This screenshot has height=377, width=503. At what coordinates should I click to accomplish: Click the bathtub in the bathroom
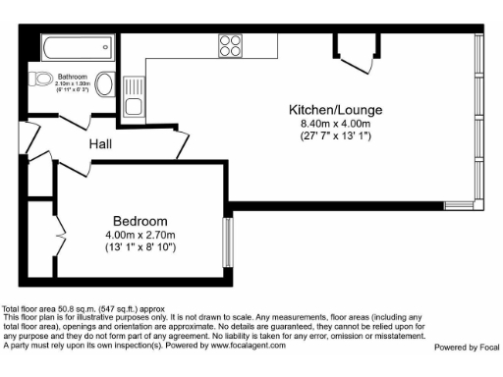point(74,45)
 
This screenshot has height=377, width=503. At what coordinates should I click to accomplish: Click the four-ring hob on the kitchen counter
point(231,45)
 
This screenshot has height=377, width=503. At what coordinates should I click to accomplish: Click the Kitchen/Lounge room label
point(335,109)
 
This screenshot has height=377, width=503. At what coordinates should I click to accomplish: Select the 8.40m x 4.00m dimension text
point(335,124)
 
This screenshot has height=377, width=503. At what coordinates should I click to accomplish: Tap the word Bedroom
point(140,221)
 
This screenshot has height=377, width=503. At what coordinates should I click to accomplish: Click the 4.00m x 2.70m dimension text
point(140,235)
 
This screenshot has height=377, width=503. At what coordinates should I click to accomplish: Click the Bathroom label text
point(73,76)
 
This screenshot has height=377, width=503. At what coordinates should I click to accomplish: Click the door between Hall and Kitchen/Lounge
point(179,144)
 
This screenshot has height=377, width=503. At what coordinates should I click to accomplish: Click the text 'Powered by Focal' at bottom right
point(466,347)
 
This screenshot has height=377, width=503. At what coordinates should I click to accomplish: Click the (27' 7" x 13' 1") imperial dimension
point(335,136)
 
